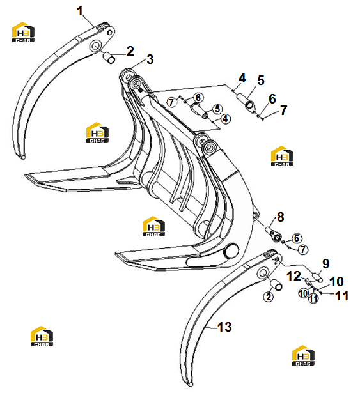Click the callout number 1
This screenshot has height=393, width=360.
[80, 11]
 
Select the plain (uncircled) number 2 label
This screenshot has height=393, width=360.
[130, 51]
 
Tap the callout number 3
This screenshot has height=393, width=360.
[150, 59]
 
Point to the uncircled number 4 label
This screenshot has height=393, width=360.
[242, 78]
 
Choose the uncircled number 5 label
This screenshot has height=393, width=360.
[261, 81]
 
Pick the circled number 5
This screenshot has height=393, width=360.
[217, 109]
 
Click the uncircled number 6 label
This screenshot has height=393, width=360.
[272, 99]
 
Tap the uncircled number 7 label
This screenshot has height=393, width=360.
[283, 110]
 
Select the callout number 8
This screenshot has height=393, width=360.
[281, 217]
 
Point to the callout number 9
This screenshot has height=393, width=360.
[325, 264]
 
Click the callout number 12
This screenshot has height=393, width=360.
[293, 276]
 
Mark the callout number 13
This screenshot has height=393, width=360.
[224, 327]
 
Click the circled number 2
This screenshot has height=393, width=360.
[269, 297]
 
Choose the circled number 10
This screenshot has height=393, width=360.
[304, 293]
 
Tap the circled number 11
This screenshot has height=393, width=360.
[313, 298]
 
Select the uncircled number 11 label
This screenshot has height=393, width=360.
[342, 296]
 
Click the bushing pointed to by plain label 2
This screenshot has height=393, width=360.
[109, 58]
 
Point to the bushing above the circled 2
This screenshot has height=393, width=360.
[276, 285]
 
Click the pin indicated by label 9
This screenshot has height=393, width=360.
[317, 277]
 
